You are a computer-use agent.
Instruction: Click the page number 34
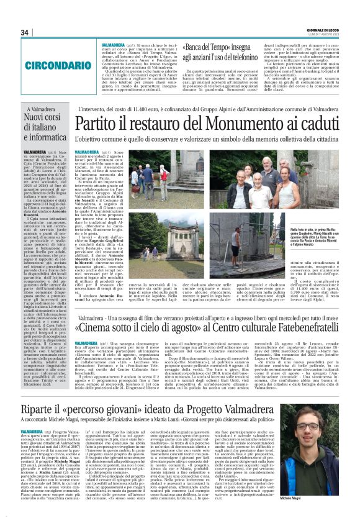[25, 32]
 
